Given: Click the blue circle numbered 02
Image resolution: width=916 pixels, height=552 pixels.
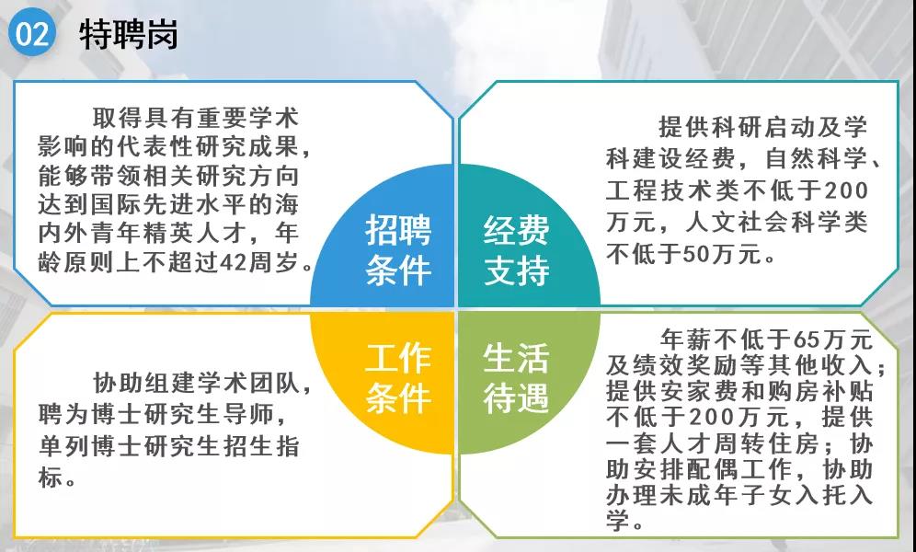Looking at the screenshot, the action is coord(31,33).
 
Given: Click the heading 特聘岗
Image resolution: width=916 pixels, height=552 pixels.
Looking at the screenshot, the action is coord(129,34).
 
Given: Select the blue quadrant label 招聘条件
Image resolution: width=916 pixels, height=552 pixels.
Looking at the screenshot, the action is coord(398,250).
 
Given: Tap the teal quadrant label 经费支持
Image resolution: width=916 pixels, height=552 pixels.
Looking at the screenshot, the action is coord(517,250).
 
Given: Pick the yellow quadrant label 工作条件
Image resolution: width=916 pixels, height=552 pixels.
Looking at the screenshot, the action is coord(398,378).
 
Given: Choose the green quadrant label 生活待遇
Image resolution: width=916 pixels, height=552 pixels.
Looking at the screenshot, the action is coord(517,378).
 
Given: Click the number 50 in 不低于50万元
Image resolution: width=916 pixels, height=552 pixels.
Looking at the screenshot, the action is coord(697,254).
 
